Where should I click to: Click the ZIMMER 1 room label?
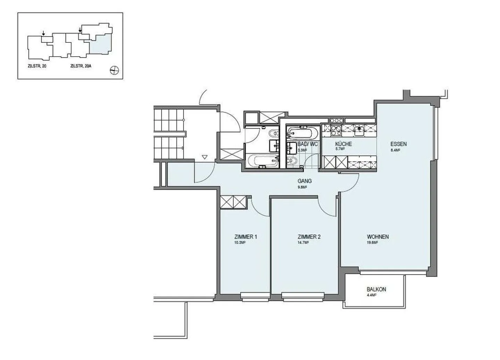[x=245, y=237]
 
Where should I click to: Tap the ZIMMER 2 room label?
[x=309, y=237]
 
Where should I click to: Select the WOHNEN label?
[x=378, y=237]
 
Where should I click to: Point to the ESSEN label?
[x=398, y=144]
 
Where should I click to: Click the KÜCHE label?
[x=343, y=144]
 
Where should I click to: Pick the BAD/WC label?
[x=308, y=144]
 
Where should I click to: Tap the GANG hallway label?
[x=305, y=181]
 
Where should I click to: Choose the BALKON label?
[x=376, y=289]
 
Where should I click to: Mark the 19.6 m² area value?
[x=372, y=243]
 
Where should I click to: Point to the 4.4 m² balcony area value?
[x=372, y=295]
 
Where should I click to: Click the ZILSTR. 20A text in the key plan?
[x=81, y=66]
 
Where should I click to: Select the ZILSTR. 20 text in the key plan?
[x=37, y=66]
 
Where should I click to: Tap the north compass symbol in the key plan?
[x=114, y=71]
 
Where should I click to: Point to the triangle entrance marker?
[x=205, y=157]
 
